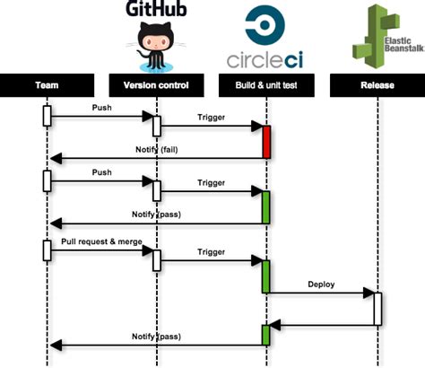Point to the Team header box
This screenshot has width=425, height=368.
pyautogui.click(x=48, y=86)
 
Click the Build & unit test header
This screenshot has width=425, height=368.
pyautogui.click(x=265, y=86)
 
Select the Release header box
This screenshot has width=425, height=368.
pyautogui.click(x=377, y=86)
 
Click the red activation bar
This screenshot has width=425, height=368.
pyautogui.click(x=266, y=142)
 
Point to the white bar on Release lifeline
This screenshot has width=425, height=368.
pyautogui.click(x=377, y=307)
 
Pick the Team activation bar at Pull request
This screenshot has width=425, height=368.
pyautogui.click(x=46, y=250)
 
